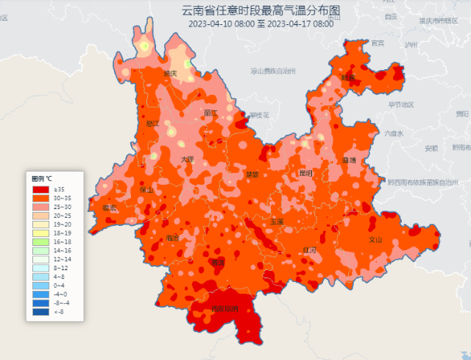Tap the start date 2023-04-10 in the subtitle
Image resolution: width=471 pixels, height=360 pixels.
tap(210, 24)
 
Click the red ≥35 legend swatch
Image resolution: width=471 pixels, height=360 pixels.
tap(41, 189)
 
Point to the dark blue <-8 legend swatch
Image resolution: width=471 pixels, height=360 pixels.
tap(41, 312)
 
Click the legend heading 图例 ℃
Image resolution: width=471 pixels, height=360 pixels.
tap(42, 179)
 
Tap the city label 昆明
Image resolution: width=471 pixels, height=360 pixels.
tap(305, 174)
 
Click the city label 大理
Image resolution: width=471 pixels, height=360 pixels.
tap(187, 159)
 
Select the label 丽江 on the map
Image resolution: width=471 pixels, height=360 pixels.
tap(210, 113)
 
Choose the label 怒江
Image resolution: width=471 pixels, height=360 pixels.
tap(152, 124)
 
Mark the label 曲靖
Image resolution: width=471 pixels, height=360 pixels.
tap(349, 160)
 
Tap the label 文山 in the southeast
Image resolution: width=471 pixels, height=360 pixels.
tap(375, 239)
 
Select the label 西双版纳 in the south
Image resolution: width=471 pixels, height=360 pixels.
tap(224, 309)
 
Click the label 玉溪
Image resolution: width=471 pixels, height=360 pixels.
tap(277, 221)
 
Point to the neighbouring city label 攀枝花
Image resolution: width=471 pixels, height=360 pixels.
tap(259, 116)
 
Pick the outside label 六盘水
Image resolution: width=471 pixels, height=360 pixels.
tap(394, 133)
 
